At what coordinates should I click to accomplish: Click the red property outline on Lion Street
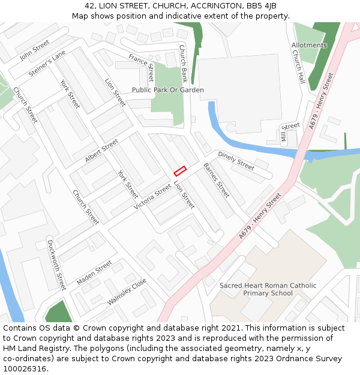tap(180, 170)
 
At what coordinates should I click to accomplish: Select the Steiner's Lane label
tap(47, 64)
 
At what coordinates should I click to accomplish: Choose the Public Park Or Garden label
tap(168, 90)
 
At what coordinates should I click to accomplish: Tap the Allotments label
tap(309, 45)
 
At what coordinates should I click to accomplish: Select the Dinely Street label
tap(236, 161)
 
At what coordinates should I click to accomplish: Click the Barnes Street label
tap(216, 180)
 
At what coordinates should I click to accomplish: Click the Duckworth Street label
tap(56, 264)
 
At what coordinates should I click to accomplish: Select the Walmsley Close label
tap(127, 292)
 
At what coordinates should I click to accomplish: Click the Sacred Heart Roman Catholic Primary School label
tap(268, 289)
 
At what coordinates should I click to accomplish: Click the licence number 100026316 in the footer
tap(26, 368)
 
